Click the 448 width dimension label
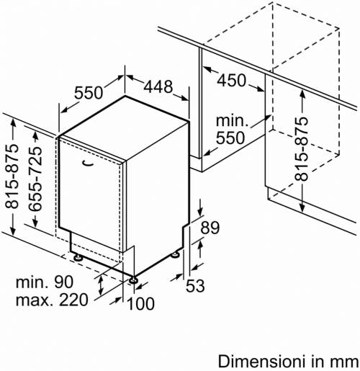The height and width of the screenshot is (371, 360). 158,86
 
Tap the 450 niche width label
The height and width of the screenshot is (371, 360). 232,81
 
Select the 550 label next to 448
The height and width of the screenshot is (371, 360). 89,93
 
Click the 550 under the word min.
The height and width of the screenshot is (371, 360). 230,138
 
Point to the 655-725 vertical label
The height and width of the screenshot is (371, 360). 35,179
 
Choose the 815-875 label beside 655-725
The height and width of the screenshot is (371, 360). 12,176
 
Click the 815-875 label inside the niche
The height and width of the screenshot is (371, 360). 301,149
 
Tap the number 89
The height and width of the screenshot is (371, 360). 210,228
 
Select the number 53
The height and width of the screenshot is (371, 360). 195,285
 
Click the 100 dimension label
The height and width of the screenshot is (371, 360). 140,303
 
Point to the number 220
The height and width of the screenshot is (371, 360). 73,300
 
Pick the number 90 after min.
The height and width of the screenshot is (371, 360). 63,282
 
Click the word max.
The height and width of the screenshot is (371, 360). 35,300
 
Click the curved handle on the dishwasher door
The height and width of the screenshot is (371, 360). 88,163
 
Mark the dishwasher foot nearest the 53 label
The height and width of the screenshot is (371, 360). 175,255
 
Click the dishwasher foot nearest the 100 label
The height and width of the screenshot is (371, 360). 133,280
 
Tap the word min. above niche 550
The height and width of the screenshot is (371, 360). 232,120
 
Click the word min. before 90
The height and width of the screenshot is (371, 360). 32,282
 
